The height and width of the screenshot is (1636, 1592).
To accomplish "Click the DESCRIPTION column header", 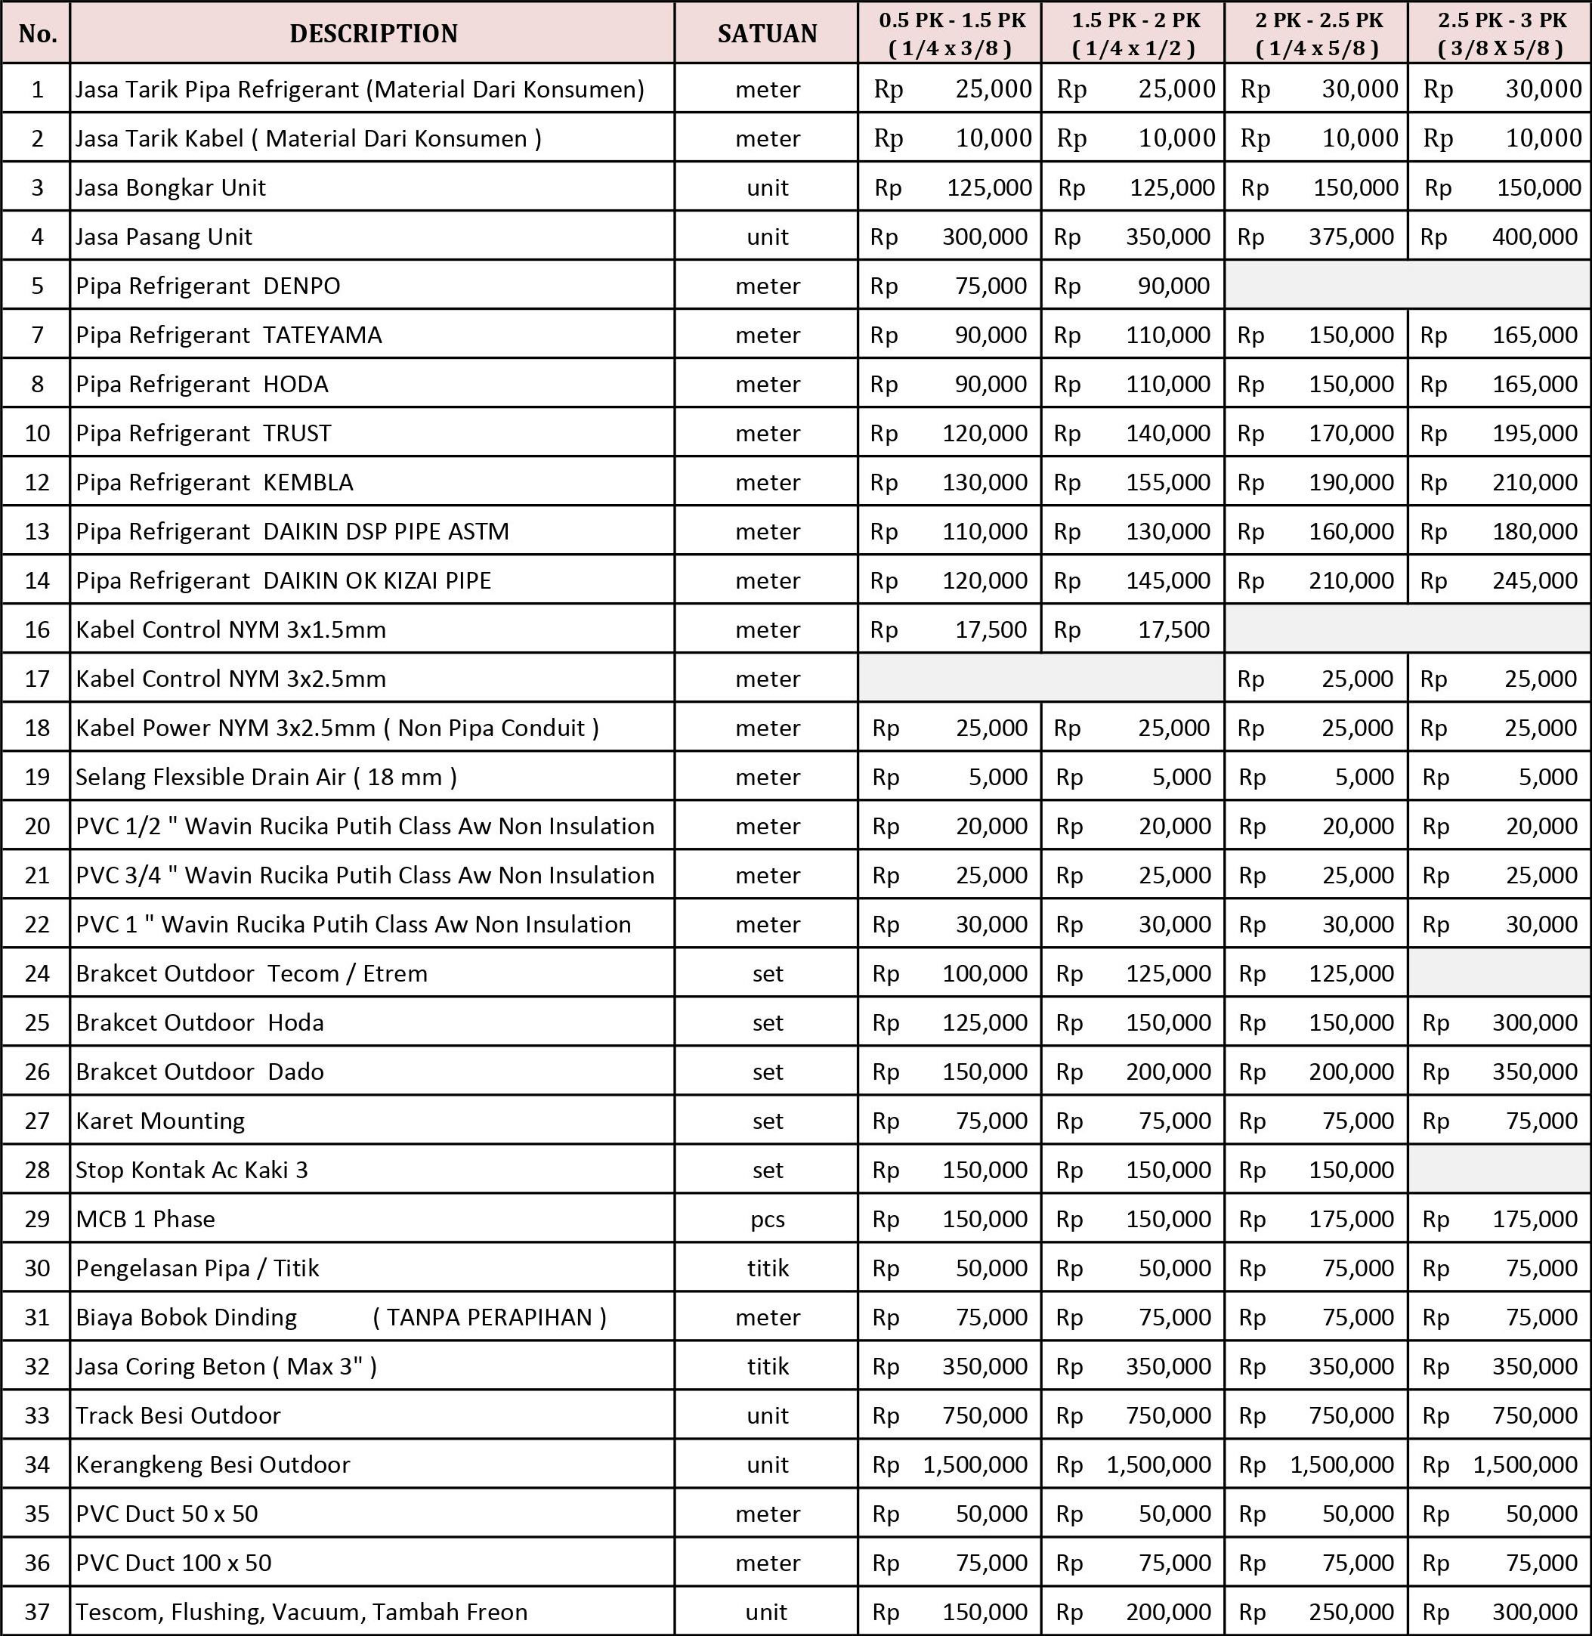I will tap(373, 33).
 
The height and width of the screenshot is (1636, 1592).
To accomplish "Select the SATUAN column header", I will tap(767, 33).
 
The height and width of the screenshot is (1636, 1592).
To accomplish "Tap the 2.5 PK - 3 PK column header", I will tap(1501, 33).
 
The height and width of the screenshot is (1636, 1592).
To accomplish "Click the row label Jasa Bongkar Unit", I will tap(171, 187).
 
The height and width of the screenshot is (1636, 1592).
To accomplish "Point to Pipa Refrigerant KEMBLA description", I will tap(214, 483).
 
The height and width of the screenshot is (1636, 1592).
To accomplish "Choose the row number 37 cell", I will tap(37, 1612).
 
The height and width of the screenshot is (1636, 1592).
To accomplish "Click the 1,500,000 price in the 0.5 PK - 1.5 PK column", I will tap(975, 1464).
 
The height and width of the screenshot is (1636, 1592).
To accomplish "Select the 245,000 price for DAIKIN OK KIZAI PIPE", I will tap(1535, 580).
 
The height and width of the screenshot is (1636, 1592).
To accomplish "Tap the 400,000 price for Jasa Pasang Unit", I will tap(1535, 237).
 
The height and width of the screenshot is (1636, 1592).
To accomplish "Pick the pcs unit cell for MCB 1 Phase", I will tap(767, 1220).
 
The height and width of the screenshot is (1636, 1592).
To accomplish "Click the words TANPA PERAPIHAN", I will tap(489, 1317).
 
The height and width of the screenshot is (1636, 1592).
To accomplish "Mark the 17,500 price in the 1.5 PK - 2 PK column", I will tap(1173, 629).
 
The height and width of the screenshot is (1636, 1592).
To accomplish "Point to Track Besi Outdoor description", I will tap(178, 1415).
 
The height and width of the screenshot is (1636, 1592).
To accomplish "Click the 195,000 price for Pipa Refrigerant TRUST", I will tap(1535, 433).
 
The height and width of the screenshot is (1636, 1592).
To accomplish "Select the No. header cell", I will tap(37, 33).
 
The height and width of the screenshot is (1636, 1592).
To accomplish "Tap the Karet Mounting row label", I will tap(159, 1121).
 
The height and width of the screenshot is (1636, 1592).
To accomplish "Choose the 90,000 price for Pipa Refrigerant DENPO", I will tap(1173, 286).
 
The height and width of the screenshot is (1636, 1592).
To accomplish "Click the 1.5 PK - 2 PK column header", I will tap(1135, 33).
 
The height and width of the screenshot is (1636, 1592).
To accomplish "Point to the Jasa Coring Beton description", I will tap(226, 1367).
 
